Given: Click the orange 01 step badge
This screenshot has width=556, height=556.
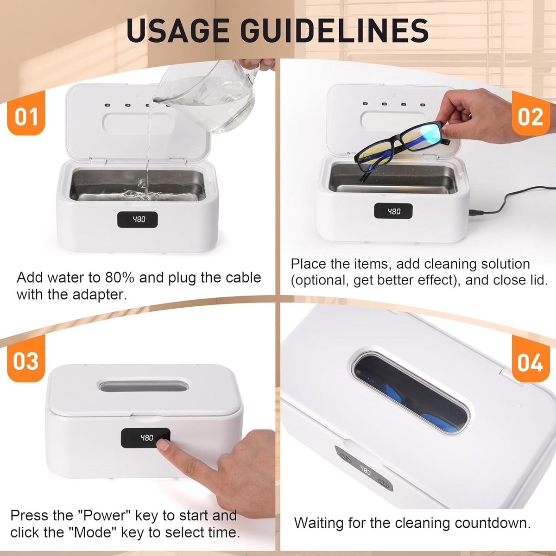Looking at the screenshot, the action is coord(26,114).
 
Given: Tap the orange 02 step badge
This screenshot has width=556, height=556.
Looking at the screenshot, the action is coord(531,114).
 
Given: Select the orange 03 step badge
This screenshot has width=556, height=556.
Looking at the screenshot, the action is coord(26,359).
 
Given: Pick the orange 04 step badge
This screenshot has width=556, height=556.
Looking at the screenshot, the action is coord(531,359).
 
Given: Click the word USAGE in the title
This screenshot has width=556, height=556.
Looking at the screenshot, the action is coord(178,31).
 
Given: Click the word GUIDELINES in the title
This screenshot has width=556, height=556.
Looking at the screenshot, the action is coord(335,31).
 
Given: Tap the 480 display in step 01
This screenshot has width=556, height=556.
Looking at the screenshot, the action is coord(137,220).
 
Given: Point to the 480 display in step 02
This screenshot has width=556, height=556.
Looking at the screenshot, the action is coord(393,211).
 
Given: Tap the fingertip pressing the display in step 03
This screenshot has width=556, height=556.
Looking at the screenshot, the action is coord(163,444).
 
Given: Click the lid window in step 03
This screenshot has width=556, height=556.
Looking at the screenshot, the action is coord(143,386).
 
